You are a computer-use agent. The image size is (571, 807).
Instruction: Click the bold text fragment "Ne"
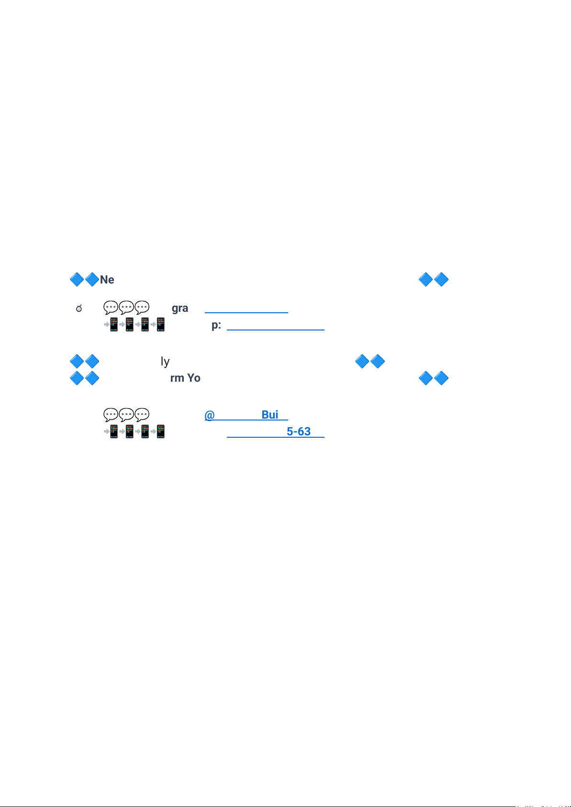point(107,280)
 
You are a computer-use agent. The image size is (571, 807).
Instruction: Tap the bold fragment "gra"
point(180,308)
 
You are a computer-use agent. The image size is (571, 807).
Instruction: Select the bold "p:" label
point(216,325)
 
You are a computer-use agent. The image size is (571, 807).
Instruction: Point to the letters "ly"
point(165,362)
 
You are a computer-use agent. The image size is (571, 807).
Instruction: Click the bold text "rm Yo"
point(185,378)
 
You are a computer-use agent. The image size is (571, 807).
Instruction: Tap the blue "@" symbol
point(209,415)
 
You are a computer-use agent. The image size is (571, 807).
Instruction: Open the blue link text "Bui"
point(270,415)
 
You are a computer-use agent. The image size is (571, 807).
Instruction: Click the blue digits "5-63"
point(299,432)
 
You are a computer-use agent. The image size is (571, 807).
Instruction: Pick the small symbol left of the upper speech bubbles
point(79,309)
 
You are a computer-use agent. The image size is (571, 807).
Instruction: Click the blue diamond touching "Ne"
point(91,280)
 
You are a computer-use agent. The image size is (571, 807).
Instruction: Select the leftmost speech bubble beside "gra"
point(111,307)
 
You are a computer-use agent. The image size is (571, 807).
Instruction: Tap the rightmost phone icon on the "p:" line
point(160,325)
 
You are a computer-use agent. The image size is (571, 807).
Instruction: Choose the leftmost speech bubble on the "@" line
point(111,415)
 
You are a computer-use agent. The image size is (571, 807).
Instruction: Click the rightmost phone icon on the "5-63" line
point(160,432)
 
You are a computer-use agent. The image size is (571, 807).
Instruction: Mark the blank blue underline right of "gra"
point(246,312)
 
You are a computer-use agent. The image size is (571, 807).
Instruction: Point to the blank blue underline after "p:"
point(276,329)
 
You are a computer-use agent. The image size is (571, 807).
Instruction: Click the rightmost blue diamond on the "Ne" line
point(441,280)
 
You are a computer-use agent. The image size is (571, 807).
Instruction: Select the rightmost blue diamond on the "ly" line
point(377,361)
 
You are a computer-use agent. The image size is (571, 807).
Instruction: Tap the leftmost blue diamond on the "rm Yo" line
point(77,378)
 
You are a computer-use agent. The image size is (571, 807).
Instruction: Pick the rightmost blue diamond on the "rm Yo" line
point(441,378)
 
